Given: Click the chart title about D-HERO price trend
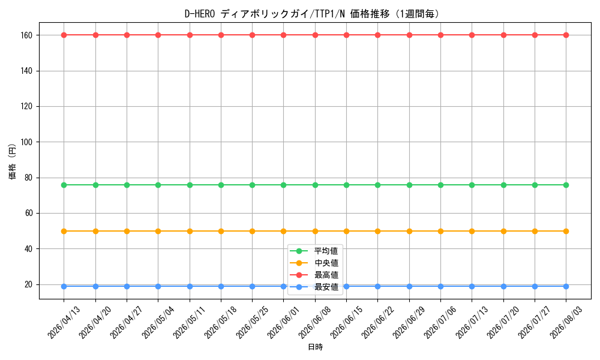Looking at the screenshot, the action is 312,14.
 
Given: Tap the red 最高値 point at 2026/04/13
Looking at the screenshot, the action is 64,35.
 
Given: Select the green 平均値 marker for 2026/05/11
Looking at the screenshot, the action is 190,185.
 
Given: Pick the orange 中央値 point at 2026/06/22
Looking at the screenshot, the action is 377,232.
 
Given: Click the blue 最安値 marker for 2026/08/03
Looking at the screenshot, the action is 566,287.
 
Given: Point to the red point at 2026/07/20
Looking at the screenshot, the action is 503,35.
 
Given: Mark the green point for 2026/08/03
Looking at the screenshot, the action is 566,185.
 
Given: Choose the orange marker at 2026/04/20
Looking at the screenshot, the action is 95,232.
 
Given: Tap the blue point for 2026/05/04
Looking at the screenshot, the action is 158,287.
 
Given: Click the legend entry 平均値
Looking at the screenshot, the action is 326,251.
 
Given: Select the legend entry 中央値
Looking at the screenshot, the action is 326,263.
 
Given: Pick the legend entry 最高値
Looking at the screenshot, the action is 326,275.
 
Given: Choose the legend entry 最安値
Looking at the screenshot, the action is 326,287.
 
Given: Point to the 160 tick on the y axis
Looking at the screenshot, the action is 27,35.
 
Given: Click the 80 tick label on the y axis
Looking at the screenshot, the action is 29,178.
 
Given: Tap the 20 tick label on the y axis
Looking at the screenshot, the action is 29,284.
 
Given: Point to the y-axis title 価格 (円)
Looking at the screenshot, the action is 13,161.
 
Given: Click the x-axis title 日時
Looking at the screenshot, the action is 316,347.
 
